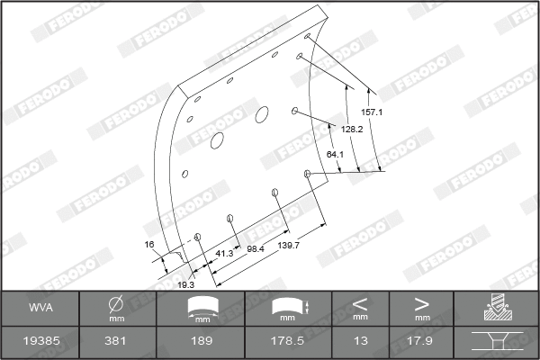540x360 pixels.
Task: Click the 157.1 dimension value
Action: click(373, 112)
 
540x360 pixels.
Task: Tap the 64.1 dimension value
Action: click(335, 155)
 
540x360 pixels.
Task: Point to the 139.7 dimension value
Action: click(289, 245)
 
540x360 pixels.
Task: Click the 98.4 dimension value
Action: click(256, 248)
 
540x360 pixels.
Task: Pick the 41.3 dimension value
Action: click(224, 254)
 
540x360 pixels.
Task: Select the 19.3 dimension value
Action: click(185, 283)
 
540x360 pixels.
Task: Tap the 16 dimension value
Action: click(149, 244)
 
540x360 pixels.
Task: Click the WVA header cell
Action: click(40, 307)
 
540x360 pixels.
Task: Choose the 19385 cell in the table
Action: click(40, 343)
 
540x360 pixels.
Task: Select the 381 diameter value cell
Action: click(116, 343)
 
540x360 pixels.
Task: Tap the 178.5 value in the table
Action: click(287, 343)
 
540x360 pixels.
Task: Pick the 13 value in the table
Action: click(360, 343)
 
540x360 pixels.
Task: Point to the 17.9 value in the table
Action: click(421, 343)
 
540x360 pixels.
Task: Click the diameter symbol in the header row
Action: click(116, 304)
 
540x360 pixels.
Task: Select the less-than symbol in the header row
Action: click(360, 302)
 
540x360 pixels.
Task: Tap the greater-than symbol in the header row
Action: click(421, 302)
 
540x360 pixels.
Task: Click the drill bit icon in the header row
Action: click(496, 307)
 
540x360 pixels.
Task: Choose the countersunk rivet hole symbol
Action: click(496, 342)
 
